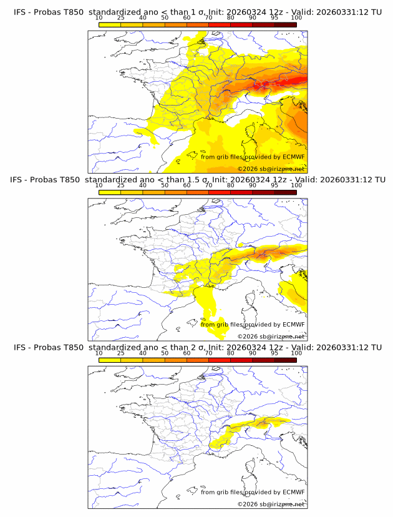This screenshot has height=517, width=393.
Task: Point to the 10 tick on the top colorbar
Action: [x=99, y=18]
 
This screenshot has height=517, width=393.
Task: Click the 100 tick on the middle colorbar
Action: [x=296, y=185]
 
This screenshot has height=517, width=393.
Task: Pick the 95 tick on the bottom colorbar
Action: [x=274, y=353]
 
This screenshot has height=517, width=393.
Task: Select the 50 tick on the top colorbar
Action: [x=165, y=18]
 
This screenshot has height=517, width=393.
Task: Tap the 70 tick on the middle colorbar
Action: [x=208, y=185]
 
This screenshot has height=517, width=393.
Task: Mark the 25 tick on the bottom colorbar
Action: [x=120, y=353]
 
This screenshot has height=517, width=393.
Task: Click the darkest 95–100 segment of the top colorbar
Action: [x=285, y=24]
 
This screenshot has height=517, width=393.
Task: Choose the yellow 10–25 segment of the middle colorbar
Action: [x=110, y=191]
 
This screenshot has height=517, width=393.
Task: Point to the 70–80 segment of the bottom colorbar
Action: [x=220, y=358]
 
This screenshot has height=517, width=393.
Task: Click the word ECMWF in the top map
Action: [x=294, y=157]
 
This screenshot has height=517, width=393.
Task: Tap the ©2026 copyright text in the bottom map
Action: [x=247, y=504]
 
